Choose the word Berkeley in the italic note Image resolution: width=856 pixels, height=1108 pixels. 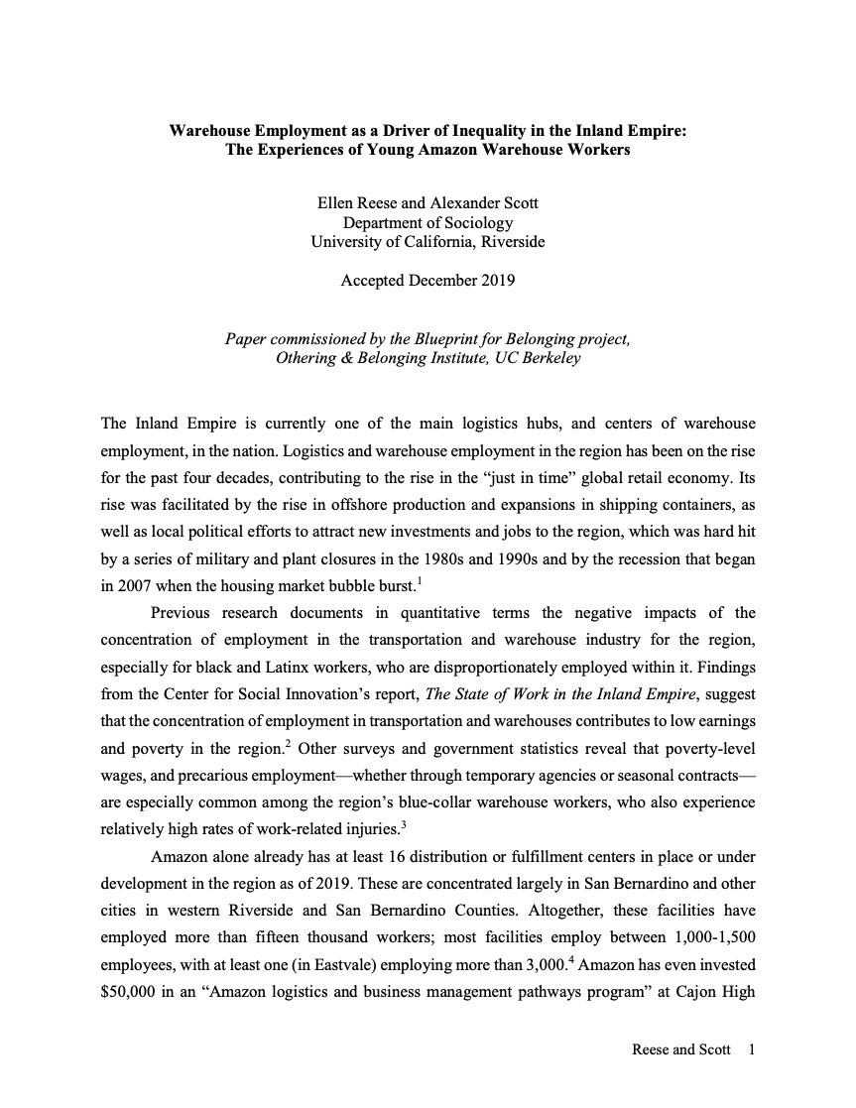point(548,358)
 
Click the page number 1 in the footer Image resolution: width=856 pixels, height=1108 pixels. point(752,1048)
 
